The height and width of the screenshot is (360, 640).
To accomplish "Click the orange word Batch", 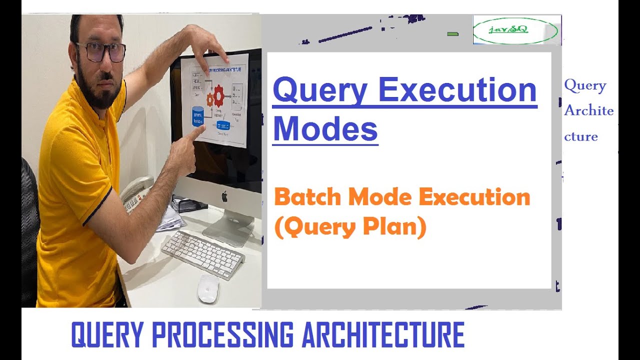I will click(x=308, y=197).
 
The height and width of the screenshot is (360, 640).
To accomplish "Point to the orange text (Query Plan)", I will click(x=350, y=227).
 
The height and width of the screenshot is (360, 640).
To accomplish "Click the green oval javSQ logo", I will click(x=515, y=30).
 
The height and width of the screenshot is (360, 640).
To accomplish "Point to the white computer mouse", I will click(x=208, y=289).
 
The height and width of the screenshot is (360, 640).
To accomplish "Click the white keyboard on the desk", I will click(x=203, y=254).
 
